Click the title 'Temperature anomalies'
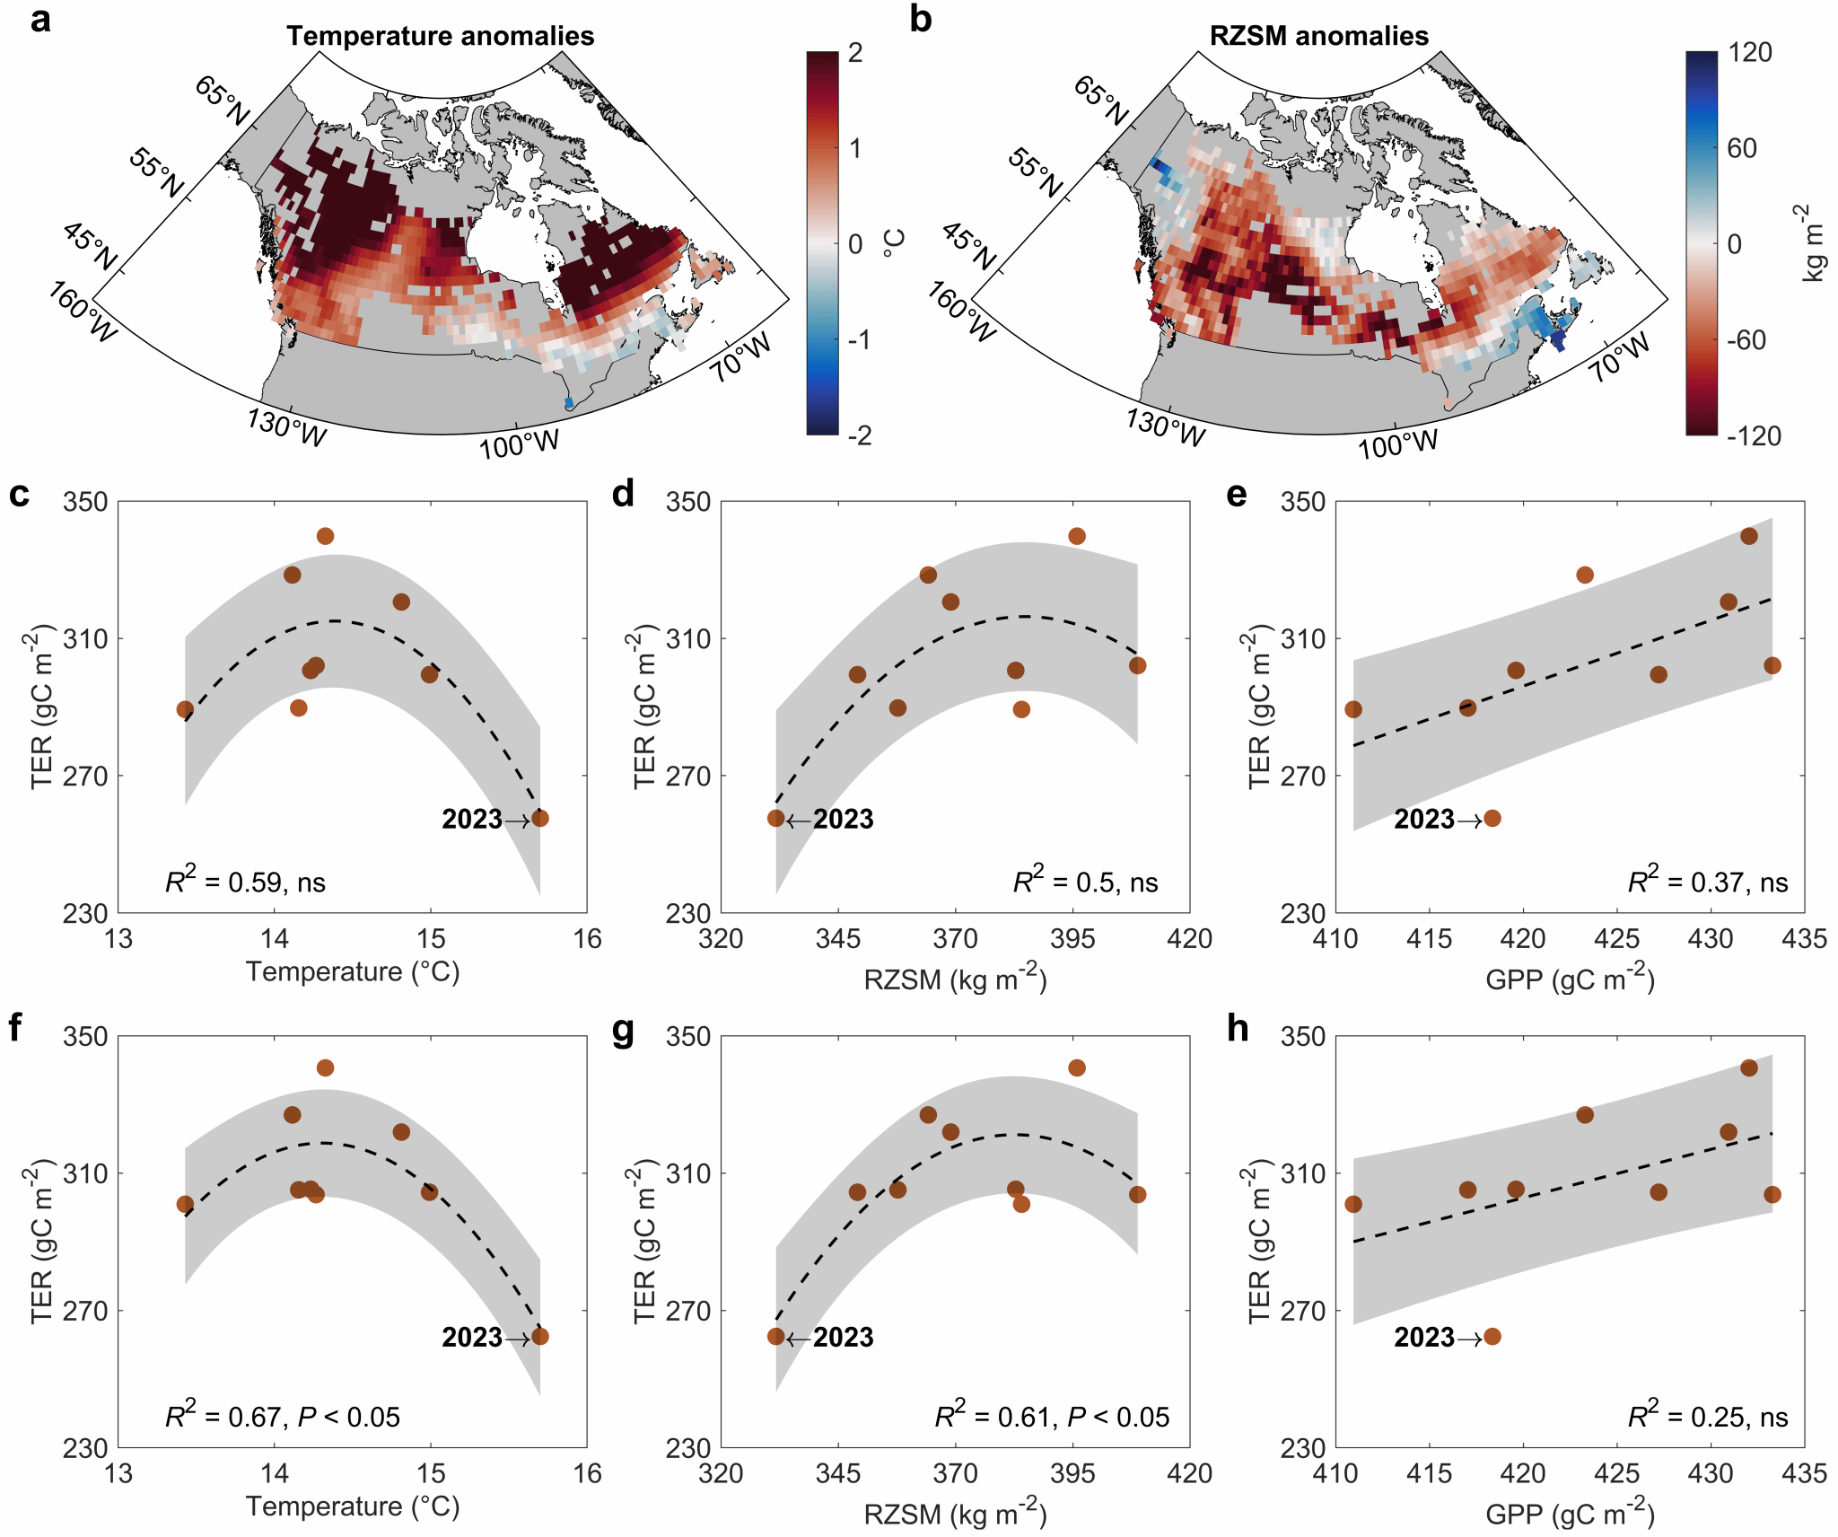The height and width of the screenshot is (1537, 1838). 440,36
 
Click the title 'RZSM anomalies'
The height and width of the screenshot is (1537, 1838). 1318,36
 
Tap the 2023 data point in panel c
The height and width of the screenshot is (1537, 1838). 540,818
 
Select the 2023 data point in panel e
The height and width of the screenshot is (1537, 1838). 1492,818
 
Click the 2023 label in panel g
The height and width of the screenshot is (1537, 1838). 843,1337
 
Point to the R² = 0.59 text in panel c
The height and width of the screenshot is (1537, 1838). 245,882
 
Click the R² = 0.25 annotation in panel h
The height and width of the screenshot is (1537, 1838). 1707,1417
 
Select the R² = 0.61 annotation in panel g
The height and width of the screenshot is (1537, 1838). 1052,1417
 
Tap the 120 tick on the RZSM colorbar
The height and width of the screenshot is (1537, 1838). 1750,52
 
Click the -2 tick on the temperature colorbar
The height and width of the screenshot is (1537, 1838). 860,435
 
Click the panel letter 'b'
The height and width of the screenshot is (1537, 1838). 920,20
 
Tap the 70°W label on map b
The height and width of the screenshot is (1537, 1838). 1621,357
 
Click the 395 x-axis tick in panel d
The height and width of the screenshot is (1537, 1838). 1072,939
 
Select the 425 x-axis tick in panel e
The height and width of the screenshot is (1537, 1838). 1616,939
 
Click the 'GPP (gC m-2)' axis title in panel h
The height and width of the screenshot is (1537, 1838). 1570,1514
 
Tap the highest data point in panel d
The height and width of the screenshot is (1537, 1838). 1077,536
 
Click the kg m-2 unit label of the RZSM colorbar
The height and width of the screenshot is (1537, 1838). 1813,243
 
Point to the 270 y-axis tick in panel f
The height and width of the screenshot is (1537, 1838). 85,1311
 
